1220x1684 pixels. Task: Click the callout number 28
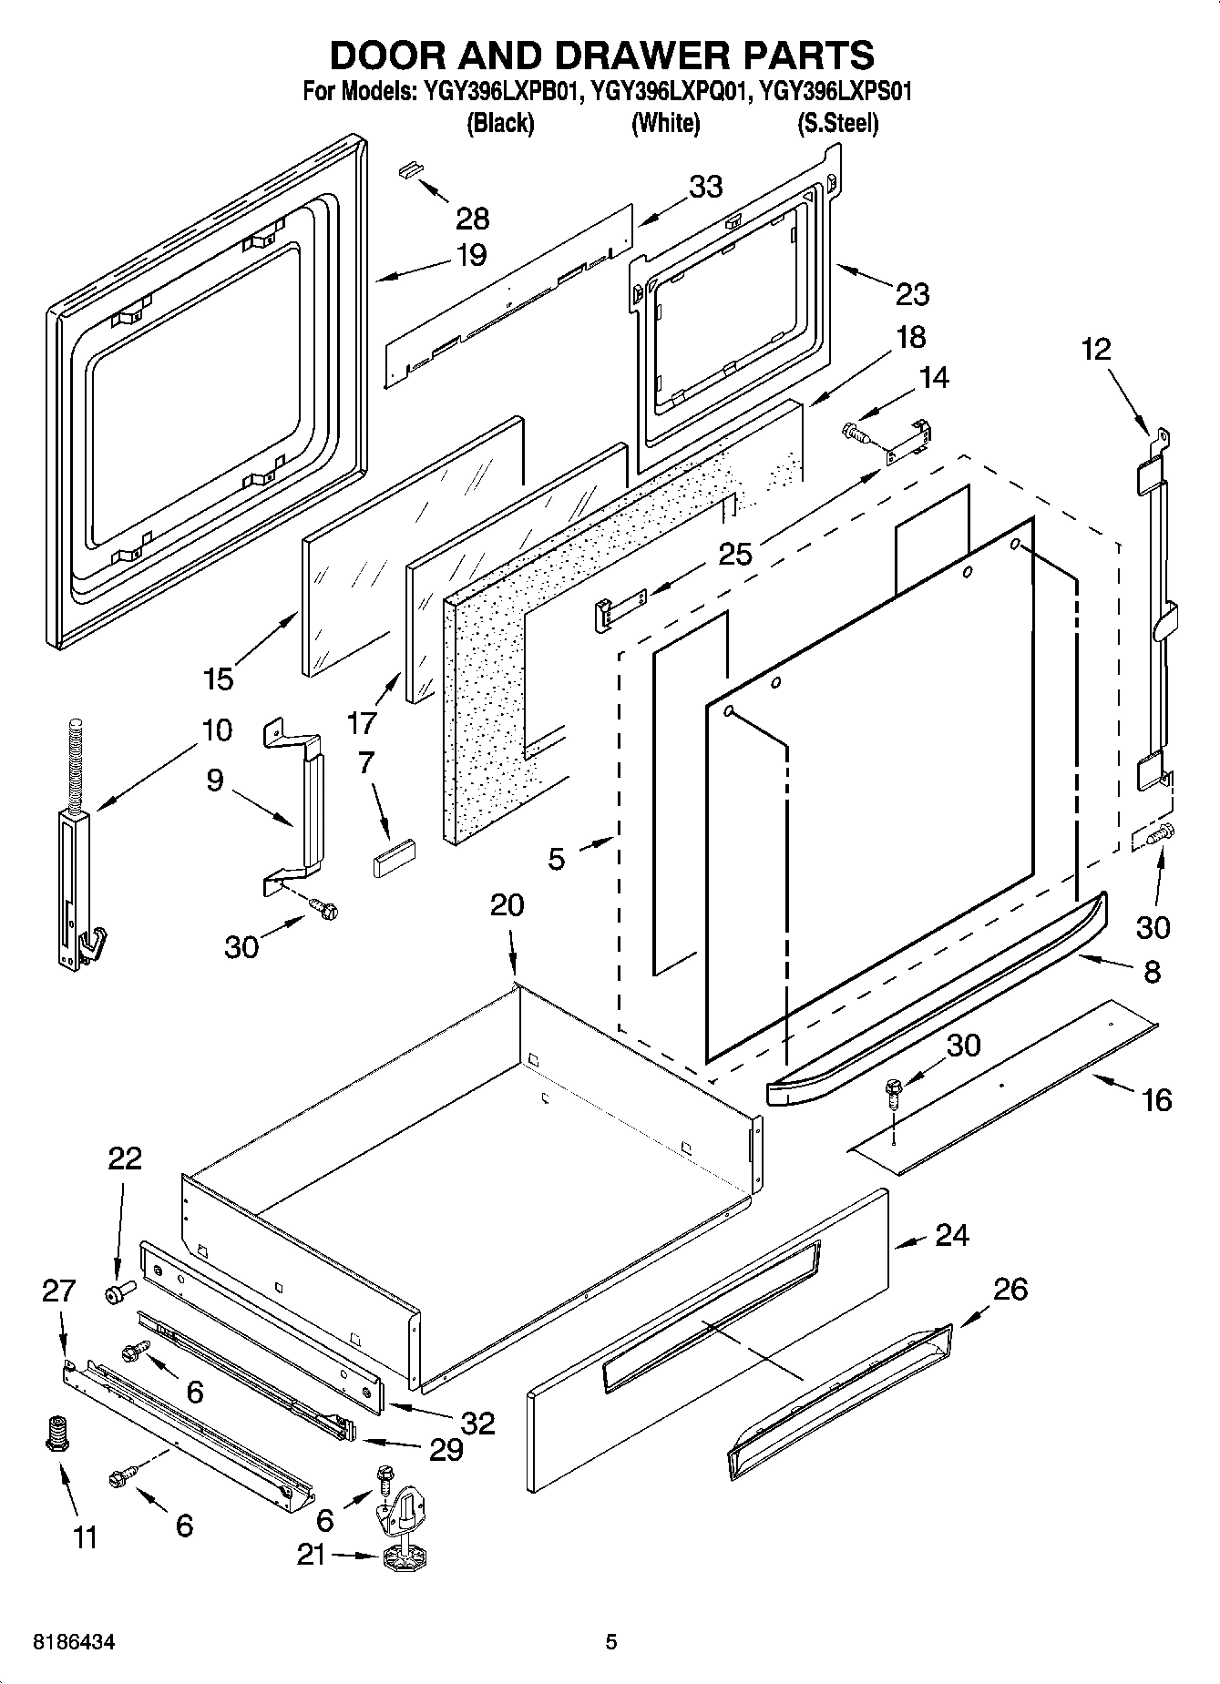[473, 219]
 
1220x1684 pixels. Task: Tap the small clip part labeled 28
[412, 169]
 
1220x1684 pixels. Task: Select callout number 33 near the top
[705, 187]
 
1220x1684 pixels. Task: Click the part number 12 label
[1097, 349]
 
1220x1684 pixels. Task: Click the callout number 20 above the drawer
[507, 905]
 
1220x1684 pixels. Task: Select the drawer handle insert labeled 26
[840, 1394]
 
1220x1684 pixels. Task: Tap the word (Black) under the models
[499, 124]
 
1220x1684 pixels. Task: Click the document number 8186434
[74, 1642]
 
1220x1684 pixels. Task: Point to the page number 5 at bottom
[611, 1642]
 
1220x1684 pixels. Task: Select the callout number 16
[1155, 1100]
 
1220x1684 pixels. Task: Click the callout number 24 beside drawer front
[951, 1236]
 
